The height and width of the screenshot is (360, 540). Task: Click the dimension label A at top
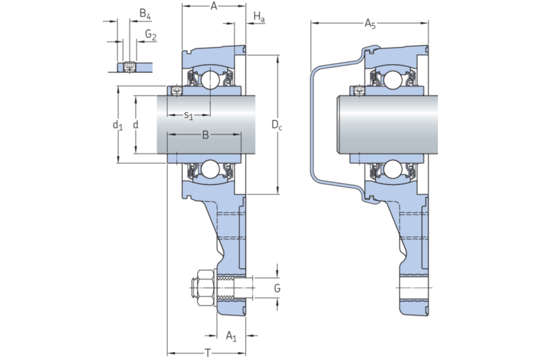(214, 6)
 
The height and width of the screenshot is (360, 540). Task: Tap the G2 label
(150, 34)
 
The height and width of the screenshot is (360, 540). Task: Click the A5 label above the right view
(370, 25)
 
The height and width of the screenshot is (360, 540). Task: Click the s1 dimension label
(189, 115)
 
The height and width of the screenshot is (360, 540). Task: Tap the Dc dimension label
(276, 126)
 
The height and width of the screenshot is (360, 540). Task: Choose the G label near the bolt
(277, 289)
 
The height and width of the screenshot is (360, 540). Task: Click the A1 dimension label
(231, 335)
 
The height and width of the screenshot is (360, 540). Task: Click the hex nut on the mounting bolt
(204, 289)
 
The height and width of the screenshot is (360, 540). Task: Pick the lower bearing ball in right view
(390, 169)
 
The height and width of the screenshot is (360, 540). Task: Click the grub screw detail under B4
(129, 66)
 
